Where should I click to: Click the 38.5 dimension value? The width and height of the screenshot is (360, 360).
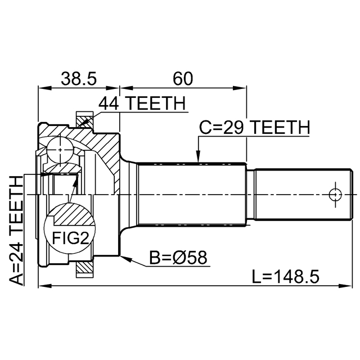pyautogui.click(x=78, y=79)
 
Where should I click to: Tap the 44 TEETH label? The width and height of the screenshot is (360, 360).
pyautogui.click(x=142, y=104)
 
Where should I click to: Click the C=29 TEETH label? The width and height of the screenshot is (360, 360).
pyautogui.click(x=255, y=128)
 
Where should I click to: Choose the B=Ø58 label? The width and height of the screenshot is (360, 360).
pyautogui.click(x=178, y=257)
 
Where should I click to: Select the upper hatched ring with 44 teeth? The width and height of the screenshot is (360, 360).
pyautogui.click(x=84, y=119)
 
